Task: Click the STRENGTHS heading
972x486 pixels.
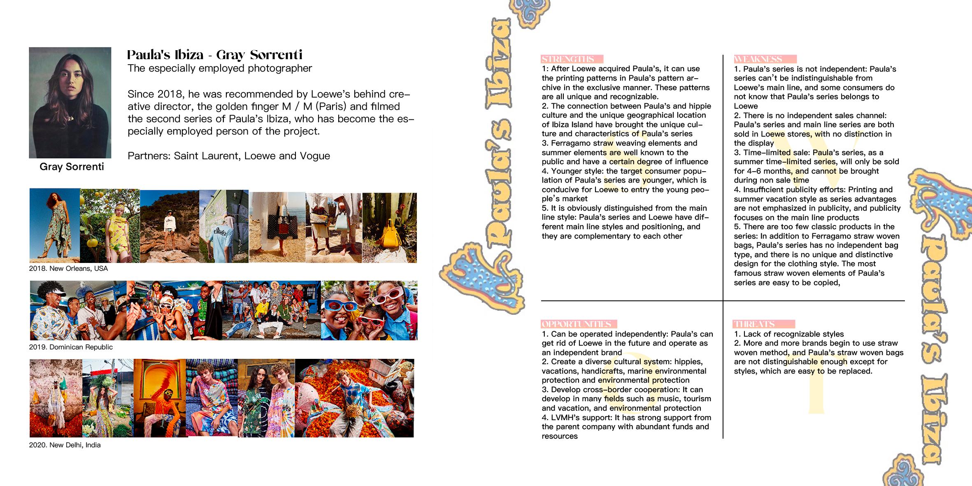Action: pos(568,59)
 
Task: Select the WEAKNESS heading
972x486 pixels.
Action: pos(758,59)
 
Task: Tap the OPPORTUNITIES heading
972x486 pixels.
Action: pos(576,324)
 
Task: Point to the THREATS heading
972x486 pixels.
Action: pos(754,324)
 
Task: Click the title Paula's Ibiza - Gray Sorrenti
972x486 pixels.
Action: pos(214,55)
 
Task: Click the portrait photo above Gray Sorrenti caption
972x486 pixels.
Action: pos(70,102)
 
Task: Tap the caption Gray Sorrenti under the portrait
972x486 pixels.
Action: pos(72,167)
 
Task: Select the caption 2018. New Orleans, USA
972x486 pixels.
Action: pos(68,269)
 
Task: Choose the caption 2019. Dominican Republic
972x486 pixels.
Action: pos(71,347)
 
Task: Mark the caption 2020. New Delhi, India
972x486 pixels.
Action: pos(65,445)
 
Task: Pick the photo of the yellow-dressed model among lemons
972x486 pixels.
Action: pos(109,226)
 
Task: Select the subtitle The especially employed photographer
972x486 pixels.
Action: pos(220,68)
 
